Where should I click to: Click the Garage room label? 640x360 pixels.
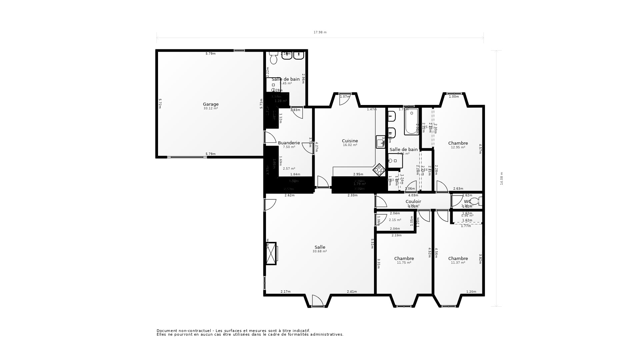pyautogui.click(x=211, y=104)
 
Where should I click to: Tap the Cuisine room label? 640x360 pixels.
pyautogui.click(x=350, y=141)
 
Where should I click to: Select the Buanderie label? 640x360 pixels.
pyautogui.click(x=289, y=143)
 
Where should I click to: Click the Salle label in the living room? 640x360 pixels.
pyautogui.click(x=320, y=247)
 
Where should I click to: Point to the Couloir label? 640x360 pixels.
pyautogui.click(x=413, y=202)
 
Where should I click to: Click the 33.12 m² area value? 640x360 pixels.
pyautogui.click(x=211, y=108)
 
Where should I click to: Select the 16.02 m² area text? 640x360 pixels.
pyautogui.click(x=350, y=145)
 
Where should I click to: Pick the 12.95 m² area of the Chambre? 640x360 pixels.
pyautogui.click(x=458, y=147)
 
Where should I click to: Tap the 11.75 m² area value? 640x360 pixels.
pyautogui.click(x=404, y=263)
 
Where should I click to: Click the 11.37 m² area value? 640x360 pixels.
pyautogui.click(x=458, y=263)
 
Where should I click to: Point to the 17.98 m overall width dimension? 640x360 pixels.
pyautogui.click(x=320, y=32)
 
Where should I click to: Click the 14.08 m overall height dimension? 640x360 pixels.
pyautogui.click(x=501, y=178)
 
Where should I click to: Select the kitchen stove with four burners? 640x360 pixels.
pyautogui.click(x=379, y=170)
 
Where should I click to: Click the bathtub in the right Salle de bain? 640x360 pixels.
pyautogui.click(x=411, y=122)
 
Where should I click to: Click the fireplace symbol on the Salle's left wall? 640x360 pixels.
pyautogui.click(x=272, y=253)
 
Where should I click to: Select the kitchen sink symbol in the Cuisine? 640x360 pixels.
pyautogui.click(x=380, y=142)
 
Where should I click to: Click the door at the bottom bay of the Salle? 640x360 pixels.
pyautogui.click(x=318, y=301)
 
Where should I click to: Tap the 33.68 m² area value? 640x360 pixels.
pyautogui.click(x=320, y=251)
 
